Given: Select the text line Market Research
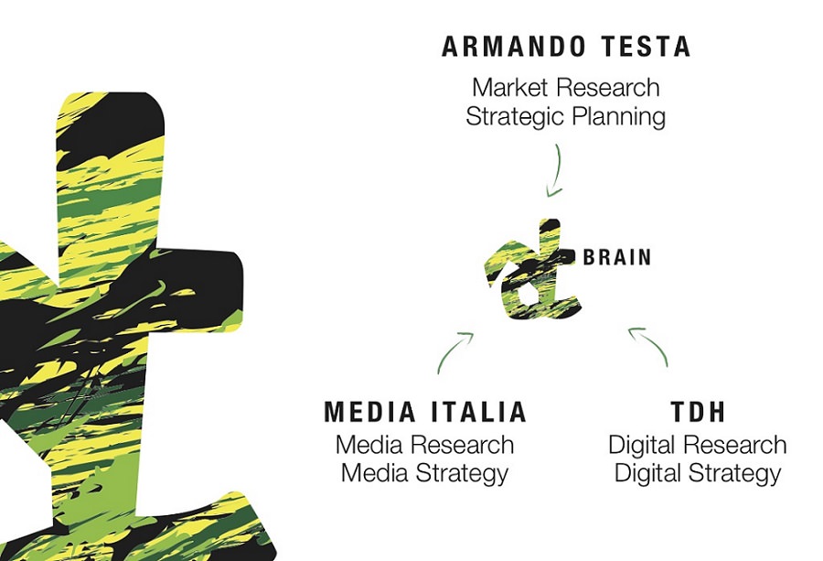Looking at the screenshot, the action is (x=566, y=87).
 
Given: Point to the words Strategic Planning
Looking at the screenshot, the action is (x=566, y=116).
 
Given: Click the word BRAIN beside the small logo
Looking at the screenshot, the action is (x=617, y=257).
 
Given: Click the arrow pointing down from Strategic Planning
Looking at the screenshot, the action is (x=556, y=171).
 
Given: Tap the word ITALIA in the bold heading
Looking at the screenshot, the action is (x=478, y=412).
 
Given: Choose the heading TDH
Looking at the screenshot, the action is (x=698, y=412).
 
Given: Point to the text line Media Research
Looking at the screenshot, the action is (x=424, y=445).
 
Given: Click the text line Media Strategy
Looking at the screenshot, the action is (x=424, y=473).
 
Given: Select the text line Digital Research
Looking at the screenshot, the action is (x=698, y=445).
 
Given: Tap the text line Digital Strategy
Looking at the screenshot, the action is (x=698, y=473).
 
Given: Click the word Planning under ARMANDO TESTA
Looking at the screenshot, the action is (x=619, y=116).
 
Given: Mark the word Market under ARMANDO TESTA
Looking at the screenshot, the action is (x=510, y=87).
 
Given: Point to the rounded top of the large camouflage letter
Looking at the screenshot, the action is (x=111, y=95).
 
